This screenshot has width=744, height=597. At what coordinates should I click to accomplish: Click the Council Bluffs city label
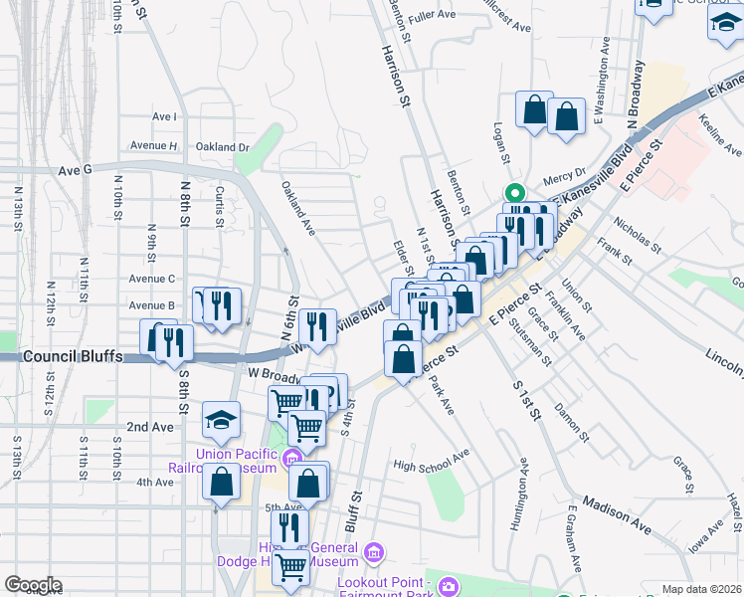[x=73, y=356]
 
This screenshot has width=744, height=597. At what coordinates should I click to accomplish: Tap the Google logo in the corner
[x=33, y=585]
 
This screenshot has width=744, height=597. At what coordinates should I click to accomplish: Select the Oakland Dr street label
[x=222, y=147]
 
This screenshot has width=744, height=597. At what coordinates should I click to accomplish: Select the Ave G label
[x=75, y=170]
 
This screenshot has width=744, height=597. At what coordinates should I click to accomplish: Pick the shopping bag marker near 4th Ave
[x=221, y=482]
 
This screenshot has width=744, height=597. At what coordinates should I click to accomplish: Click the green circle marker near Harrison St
[x=514, y=194]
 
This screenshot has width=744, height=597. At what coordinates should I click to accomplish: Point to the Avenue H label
[x=159, y=146]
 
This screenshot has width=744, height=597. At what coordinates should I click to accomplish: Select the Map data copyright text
[x=700, y=589]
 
